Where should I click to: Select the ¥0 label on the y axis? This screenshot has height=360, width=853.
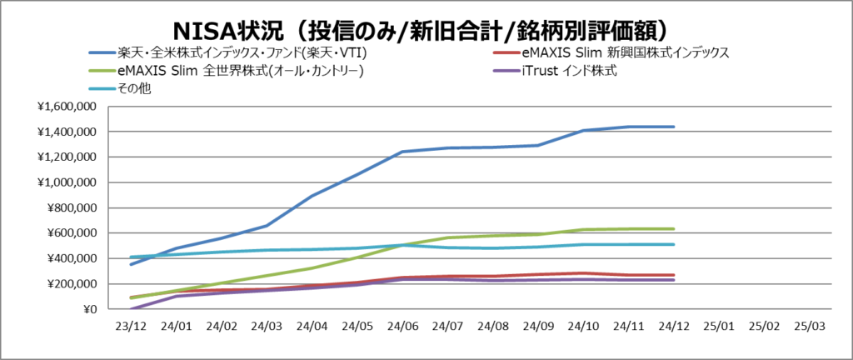pyautogui.click(x=86, y=310)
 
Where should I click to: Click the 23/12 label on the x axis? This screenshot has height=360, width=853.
pyautogui.click(x=132, y=327)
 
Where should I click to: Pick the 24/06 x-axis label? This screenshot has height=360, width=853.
pyautogui.click(x=403, y=327)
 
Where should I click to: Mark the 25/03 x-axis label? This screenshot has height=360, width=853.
pyautogui.click(x=809, y=327)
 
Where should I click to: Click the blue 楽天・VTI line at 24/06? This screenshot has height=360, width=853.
pyautogui.click(x=403, y=152)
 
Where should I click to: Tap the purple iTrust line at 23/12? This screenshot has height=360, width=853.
pyautogui.click(x=132, y=309)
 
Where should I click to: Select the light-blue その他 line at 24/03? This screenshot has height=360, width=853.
pyautogui.click(x=267, y=250)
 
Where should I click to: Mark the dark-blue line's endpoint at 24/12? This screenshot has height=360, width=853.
pyautogui.click(x=673, y=127)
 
